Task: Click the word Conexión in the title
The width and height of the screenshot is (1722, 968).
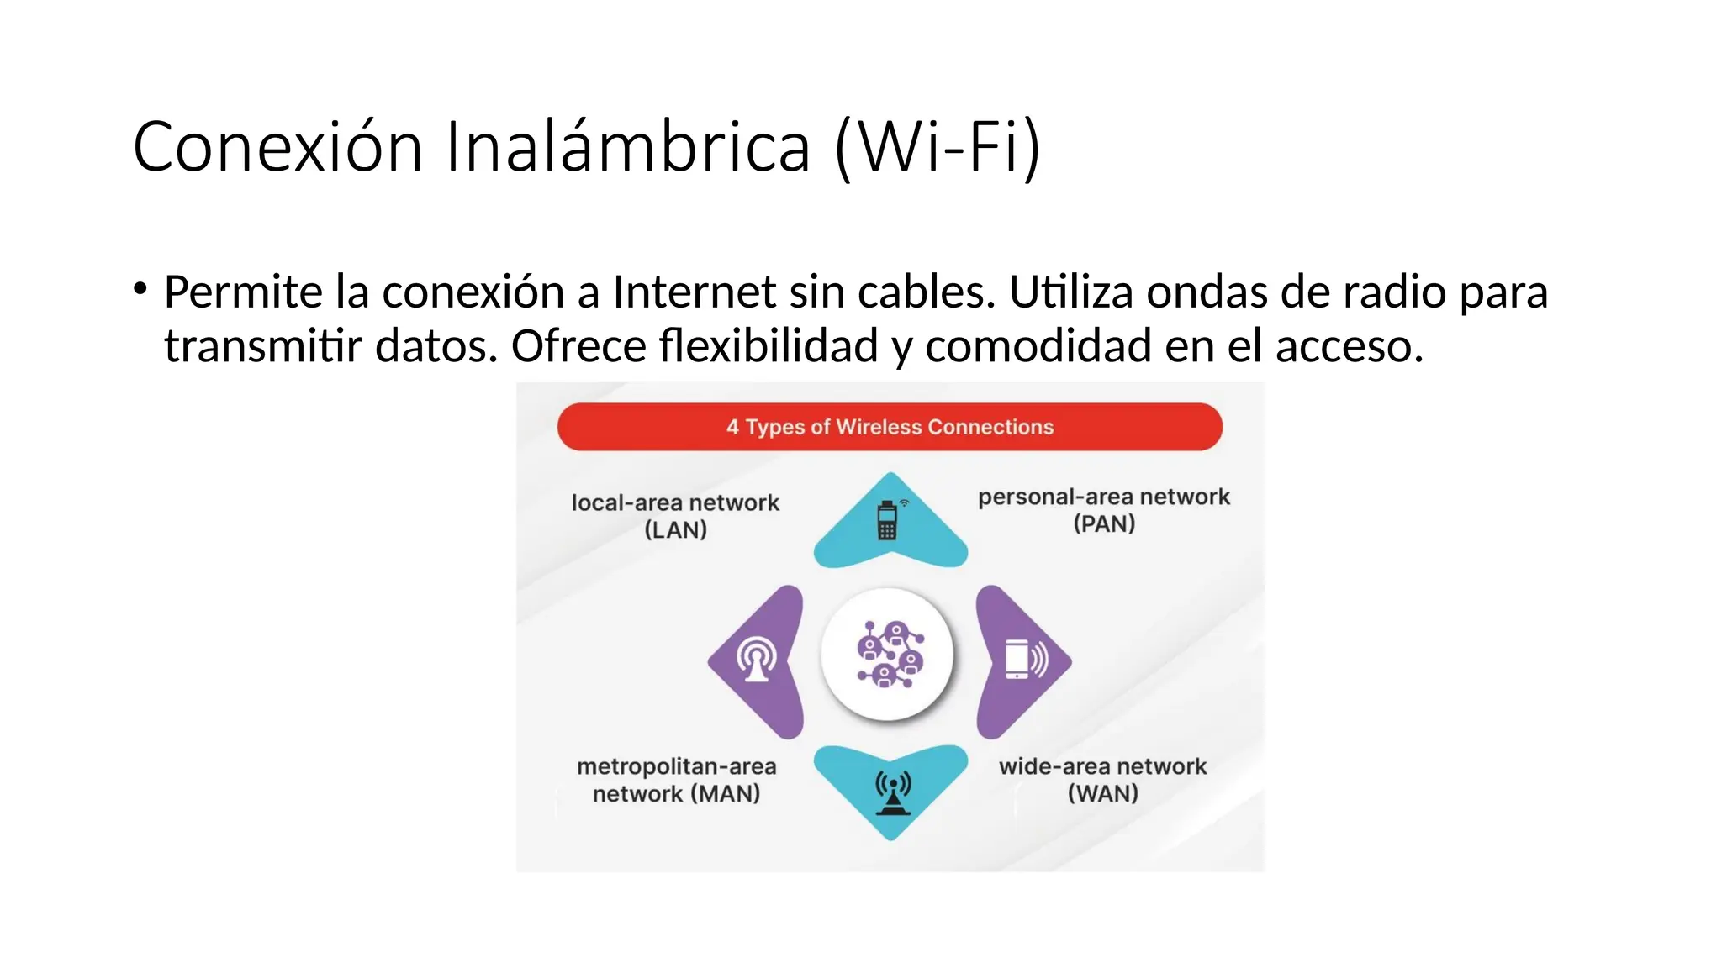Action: [x=277, y=147]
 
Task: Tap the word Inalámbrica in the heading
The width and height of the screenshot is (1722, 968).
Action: [x=628, y=147]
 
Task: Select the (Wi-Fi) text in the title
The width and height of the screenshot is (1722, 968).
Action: [x=938, y=149]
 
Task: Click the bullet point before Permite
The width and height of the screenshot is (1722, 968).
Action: [x=140, y=289]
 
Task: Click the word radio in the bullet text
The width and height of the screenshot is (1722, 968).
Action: [x=1396, y=292]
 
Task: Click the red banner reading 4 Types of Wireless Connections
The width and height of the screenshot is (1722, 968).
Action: [x=890, y=427]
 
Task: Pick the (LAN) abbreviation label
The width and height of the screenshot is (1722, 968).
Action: [x=675, y=530]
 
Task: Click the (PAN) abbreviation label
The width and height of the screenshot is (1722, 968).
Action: [x=1104, y=524]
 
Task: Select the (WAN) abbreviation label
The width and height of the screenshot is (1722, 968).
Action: [x=1102, y=793]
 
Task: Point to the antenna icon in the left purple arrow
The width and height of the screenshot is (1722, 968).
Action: [x=757, y=660]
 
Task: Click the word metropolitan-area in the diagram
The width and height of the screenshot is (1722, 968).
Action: [x=676, y=766]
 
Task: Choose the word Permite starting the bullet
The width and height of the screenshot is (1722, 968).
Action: [x=242, y=292]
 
